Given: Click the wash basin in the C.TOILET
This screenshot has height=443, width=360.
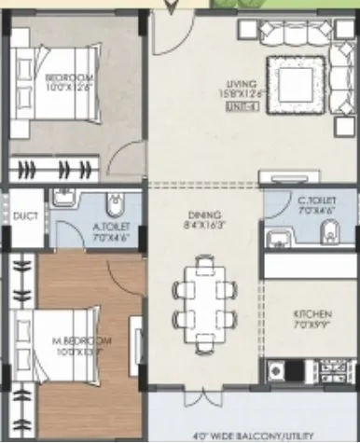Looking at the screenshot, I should (x=275, y=240).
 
